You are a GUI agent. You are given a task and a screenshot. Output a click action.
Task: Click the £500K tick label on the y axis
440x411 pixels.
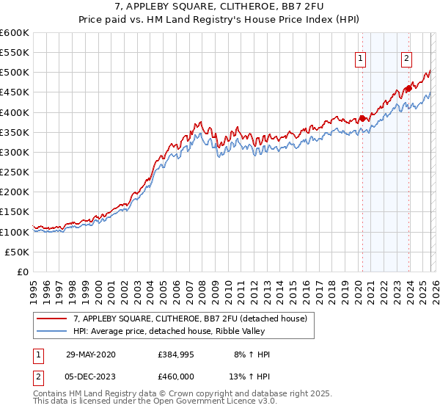pyautogui.click(x=15, y=73)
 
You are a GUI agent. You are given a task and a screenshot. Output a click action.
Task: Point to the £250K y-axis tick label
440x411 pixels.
pyautogui.click(x=15, y=172)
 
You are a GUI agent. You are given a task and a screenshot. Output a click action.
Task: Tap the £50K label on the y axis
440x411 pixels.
pyautogui.click(x=18, y=252)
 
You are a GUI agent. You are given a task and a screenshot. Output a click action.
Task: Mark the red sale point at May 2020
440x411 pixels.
pyautogui.click(x=362, y=118)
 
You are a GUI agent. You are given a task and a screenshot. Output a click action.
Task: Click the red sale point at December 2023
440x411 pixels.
pyautogui.click(x=408, y=89)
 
